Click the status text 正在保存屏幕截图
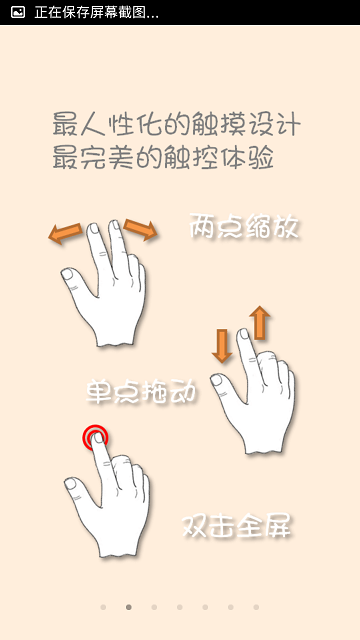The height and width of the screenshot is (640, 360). (x=96, y=12)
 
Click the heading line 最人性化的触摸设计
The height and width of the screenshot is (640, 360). (x=175, y=127)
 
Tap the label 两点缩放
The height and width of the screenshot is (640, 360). (x=245, y=227)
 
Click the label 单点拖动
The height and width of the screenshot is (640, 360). (x=141, y=391)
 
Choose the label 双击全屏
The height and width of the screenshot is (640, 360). (x=237, y=526)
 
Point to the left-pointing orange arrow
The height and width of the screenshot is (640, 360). (x=65, y=234)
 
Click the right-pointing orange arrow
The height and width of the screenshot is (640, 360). (x=141, y=231)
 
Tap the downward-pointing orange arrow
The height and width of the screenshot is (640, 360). (x=222, y=346)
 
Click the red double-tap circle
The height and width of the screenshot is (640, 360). (x=95, y=437)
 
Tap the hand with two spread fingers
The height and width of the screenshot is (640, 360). (x=104, y=290)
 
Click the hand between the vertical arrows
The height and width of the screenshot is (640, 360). (x=254, y=400)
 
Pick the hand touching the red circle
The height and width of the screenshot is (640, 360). (x=110, y=500)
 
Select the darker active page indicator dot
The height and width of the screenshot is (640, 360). (x=128, y=607)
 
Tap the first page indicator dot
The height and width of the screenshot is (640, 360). (x=102, y=607)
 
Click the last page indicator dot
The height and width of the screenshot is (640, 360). (x=256, y=607)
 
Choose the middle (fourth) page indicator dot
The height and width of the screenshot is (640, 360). (x=179, y=607)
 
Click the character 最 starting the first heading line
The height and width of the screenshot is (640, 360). (x=65, y=127)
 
